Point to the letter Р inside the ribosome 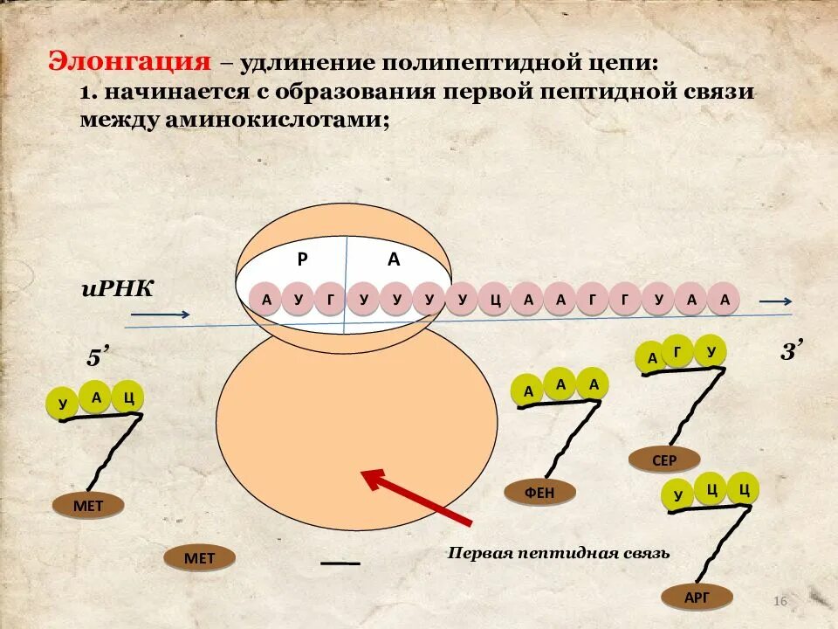click(302, 259)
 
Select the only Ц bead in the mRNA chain click(495, 300)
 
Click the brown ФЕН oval click(539, 493)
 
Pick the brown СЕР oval click(664, 460)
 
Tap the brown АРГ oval click(697, 598)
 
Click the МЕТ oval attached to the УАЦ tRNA click(88, 506)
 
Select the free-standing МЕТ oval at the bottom click(199, 558)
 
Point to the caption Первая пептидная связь click(559, 553)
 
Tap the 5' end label click(97, 358)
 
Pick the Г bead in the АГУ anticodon click(677, 349)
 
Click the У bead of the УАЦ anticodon click(62, 404)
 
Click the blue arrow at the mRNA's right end click(775, 301)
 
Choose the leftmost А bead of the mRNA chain click(266, 300)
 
